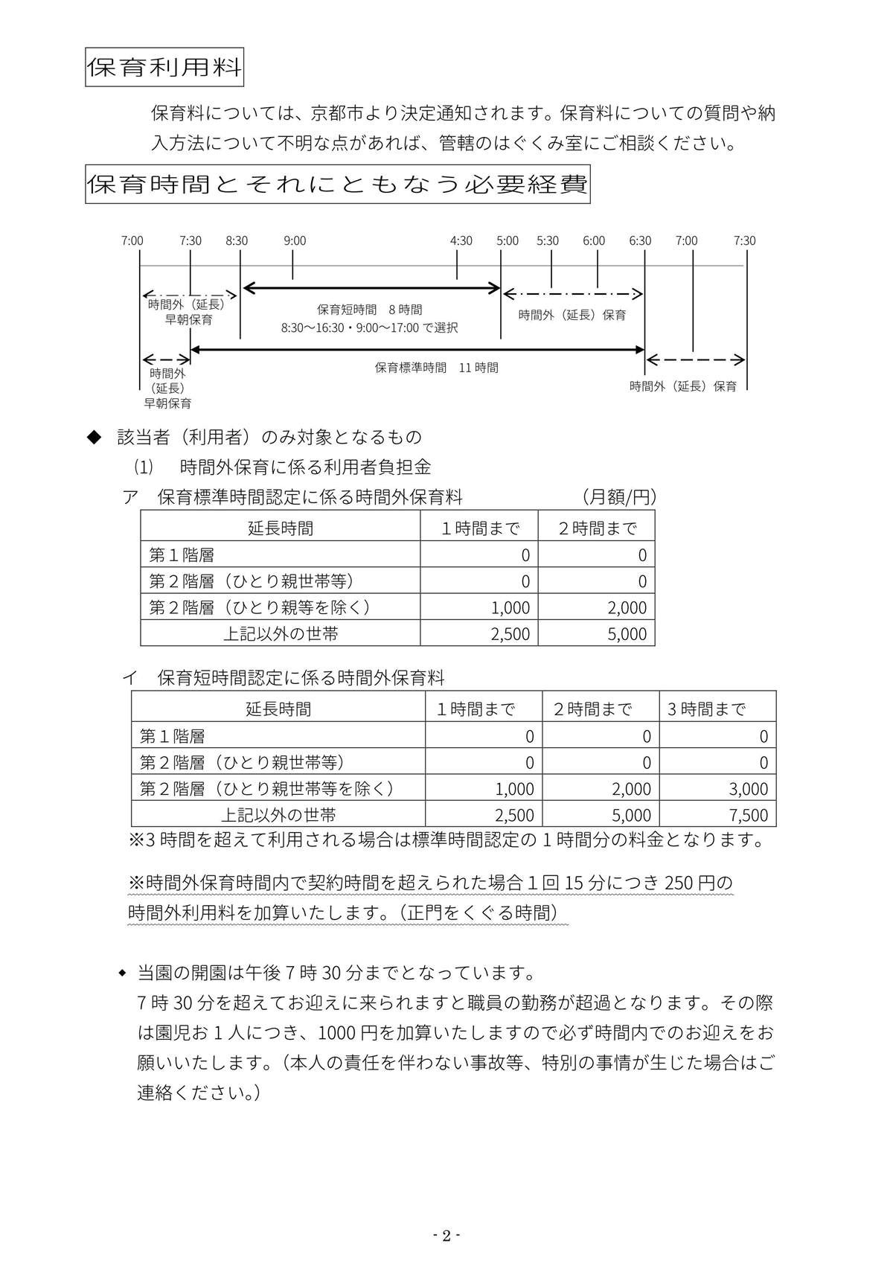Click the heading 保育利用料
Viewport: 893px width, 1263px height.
tap(164, 68)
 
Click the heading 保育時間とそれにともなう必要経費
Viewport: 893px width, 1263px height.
tap(337, 184)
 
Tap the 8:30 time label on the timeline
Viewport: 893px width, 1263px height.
tap(237, 240)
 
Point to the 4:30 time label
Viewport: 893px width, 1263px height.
tap(461, 240)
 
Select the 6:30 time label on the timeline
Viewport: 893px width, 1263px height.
tap(640, 240)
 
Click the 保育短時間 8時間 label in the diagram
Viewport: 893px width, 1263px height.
tap(369, 310)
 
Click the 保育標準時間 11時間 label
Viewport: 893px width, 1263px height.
tap(436, 368)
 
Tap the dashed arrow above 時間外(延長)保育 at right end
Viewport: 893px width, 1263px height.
tap(695, 360)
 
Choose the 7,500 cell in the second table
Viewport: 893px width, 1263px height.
tap(749, 815)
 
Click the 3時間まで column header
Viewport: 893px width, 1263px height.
tap(705, 709)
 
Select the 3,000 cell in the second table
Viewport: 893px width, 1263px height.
tap(749, 789)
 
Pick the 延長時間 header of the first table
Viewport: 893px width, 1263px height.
tap(281, 528)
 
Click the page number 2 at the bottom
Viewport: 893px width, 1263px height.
tap(446, 1236)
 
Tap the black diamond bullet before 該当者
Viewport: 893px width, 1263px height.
tap(94, 437)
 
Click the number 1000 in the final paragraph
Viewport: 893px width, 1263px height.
tap(337, 1034)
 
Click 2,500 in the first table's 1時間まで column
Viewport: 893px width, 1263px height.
tap(510, 634)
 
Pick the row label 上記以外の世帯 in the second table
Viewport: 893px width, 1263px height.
tap(278, 815)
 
